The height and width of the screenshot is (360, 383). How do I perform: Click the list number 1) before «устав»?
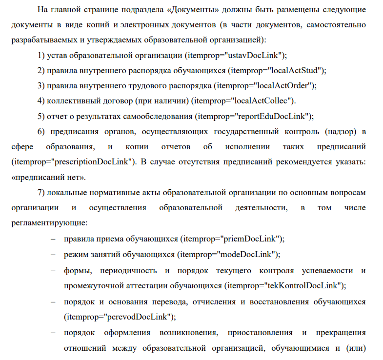point(41,56)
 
